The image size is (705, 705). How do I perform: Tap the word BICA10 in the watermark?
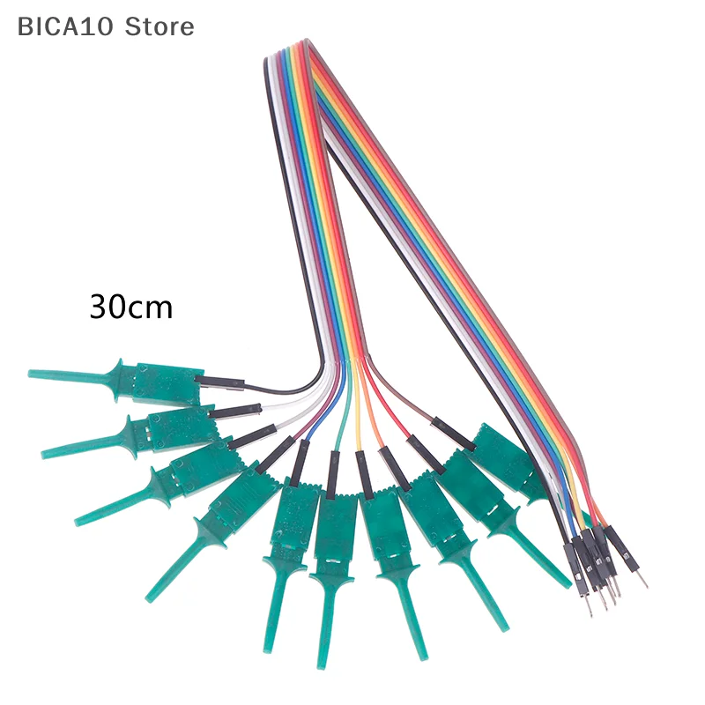67,26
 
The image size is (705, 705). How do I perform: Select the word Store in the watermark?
159,26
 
